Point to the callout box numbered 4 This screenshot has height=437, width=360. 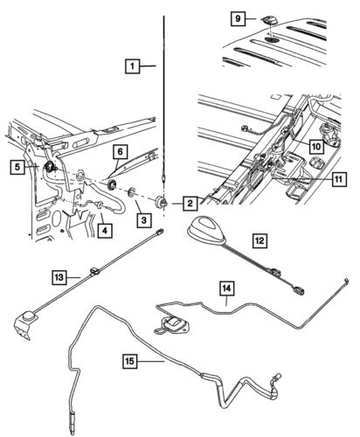(105, 231)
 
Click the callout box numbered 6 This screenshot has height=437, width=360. (118, 153)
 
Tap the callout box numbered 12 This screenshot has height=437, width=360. (260, 238)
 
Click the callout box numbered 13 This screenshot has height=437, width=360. (58, 279)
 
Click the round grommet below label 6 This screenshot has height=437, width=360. (112, 184)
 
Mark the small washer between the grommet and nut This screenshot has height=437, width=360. (131, 191)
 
